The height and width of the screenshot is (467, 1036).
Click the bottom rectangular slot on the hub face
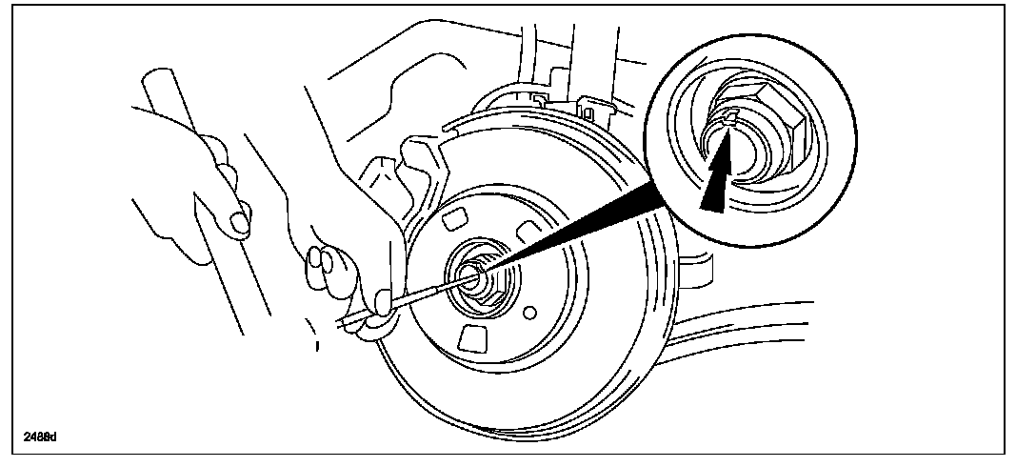click(x=470, y=338)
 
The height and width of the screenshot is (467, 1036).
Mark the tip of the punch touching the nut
click(x=466, y=276)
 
